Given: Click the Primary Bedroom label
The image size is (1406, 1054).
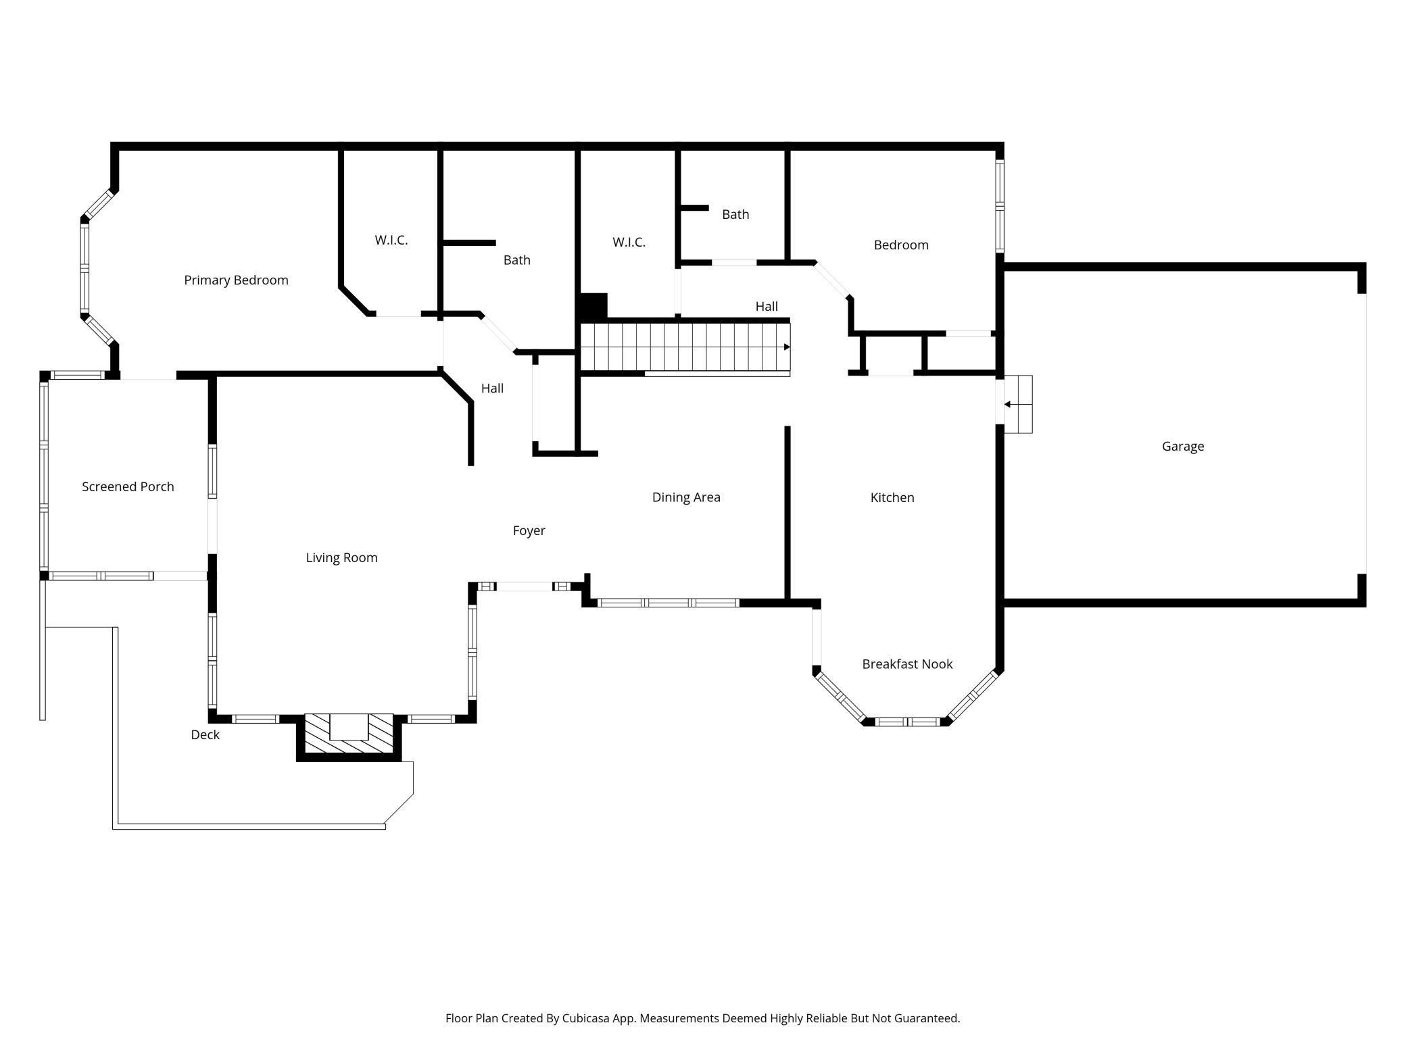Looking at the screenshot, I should pyautogui.click(x=236, y=280).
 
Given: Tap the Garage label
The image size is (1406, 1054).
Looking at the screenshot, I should pyautogui.click(x=1182, y=446).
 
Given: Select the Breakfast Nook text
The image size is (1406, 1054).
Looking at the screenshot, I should pyautogui.click(x=907, y=664).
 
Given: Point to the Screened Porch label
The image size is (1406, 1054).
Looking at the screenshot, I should pyautogui.click(x=128, y=486).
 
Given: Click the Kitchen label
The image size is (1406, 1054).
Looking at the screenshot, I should pyautogui.click(x=892, y=497).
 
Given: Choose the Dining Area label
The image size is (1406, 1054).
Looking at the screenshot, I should pyautogui.click(x=685, y=497).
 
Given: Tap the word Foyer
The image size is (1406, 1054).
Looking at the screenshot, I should pyautogui.click(x=529, y=530).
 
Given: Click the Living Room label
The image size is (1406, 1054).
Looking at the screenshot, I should pyautogui.click(x=341, y=557).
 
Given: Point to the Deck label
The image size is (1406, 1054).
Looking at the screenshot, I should pyautogui.click(x=205, y=734).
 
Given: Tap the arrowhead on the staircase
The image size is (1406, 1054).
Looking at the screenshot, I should pyautogui.click(x=787, y=347).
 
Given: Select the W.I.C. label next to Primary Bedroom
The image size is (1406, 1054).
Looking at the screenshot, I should pyautogui.click(x=391, y=240).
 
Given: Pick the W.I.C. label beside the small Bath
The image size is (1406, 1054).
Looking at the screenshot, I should pyautogui.click(x=629, y=242).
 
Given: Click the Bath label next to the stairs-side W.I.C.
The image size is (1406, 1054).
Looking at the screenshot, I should pyautogui.click(x=735, y=214).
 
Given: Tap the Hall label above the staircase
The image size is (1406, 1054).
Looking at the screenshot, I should pyautogui.click(x=766, y=306).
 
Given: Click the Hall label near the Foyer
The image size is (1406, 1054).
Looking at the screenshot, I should pyautogui.click(x=492, y=388).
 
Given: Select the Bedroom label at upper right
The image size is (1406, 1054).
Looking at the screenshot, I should pyautogui.click(x=900, y=245).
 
